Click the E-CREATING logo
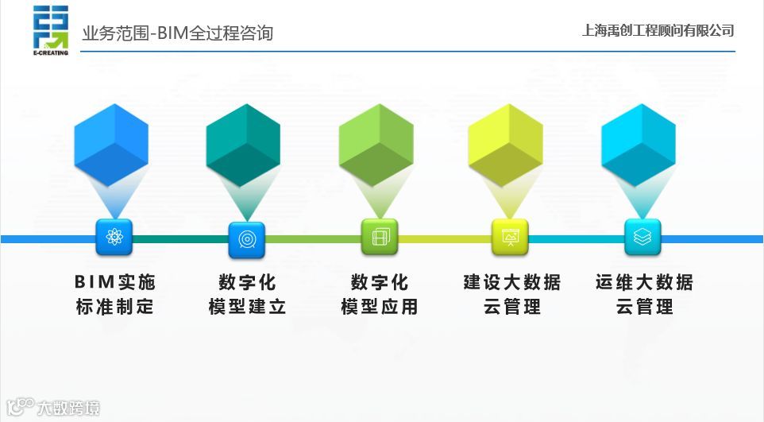coord(51,31)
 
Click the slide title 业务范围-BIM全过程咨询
coord(177,33)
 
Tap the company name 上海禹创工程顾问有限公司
coord(658,31)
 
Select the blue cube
coord(111,145)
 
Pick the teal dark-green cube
coord(243,145)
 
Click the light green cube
coord(376,145)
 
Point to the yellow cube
coord(505,145)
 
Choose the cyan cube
coord(639,145)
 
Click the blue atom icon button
coord(114,237)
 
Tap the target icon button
coord(246,238)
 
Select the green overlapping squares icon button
coord(380,237)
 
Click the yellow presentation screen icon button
coord(510,237)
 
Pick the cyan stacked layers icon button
coord(642,237)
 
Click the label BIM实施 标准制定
coord(115,294)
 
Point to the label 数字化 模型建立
coord(247,294)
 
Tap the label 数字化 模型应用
coord(380,294)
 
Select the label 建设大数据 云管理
coord(512,294)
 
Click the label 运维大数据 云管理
coord(644,294)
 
